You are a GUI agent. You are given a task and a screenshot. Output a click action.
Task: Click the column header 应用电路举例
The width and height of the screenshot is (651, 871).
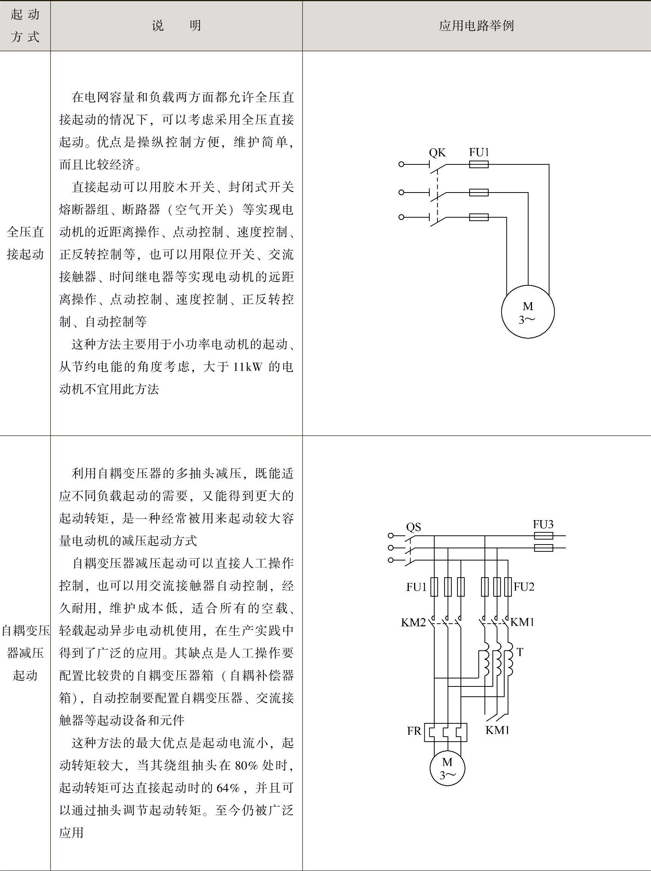click(x=476, y=26)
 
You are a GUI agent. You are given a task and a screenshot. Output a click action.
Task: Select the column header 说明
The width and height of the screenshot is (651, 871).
click(x=176, y=26)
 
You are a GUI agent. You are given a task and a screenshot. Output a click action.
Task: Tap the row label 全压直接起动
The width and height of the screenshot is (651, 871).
click(x=25, y=243)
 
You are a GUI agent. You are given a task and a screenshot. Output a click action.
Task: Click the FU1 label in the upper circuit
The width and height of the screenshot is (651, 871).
click(x=479, y=152)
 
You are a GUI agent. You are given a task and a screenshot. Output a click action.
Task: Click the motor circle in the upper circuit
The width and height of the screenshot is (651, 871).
click(x=527, y=312)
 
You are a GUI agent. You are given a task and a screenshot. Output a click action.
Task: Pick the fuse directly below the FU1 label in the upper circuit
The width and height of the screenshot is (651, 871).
click(x=479, y=164)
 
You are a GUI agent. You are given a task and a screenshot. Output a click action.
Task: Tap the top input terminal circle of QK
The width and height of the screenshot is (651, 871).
click(x=401, y=164)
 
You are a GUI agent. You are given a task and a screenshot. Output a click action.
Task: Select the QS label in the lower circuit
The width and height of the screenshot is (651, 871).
click(x=413, y=527)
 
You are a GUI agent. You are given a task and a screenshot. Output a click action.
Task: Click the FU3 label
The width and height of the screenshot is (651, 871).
click(x=543, y=524)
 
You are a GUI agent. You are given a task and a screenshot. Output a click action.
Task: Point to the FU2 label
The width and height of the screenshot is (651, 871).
click(x=524, y=587)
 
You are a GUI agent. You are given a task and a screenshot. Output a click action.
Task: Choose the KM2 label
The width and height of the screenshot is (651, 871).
click(x=413, y=622)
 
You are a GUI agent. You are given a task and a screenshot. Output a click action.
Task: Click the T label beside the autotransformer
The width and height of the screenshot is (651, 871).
click(x=520, y=653)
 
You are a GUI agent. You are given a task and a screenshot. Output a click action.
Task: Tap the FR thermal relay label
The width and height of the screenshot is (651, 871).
click(x=414, y=731)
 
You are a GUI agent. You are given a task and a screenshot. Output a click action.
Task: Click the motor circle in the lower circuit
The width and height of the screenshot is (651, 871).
click(x=447, y=767)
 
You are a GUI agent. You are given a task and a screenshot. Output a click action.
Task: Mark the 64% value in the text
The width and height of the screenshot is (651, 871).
click(x=228, y=788)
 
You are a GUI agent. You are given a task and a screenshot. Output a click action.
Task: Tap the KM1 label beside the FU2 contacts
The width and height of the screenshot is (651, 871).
click(x=522, y=622)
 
